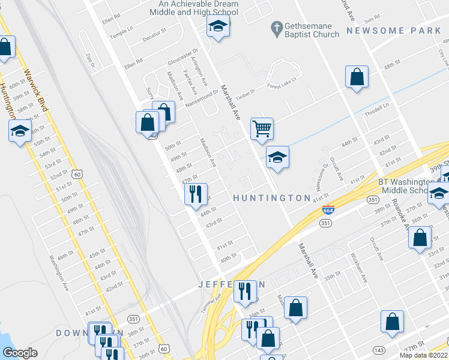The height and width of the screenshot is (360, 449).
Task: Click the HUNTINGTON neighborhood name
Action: point(271,198)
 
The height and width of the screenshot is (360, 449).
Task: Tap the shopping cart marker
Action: point(262,128)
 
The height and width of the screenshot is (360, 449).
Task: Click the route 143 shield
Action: point(379,349)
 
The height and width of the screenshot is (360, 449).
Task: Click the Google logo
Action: point(20,353)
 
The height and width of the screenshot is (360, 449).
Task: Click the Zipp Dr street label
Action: point(91,61)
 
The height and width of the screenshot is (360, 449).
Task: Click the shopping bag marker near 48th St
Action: point(357,77)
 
